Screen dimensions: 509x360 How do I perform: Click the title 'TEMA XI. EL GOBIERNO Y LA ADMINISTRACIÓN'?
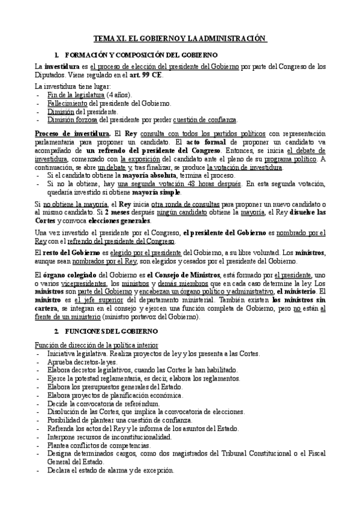pyautogui.click(x=180, y=38)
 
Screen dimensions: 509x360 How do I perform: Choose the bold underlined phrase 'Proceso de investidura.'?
pyautogui.click(x=71, y=132)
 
